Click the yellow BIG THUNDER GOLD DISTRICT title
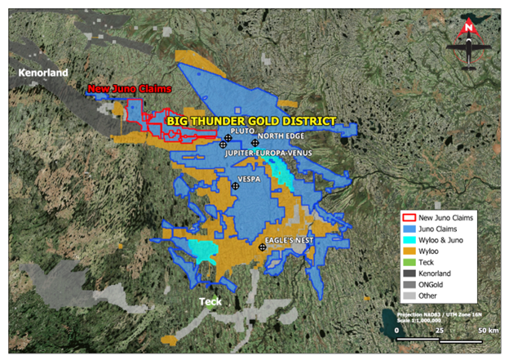[251, 120]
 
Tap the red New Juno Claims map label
[123, 90]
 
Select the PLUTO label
[243, 130]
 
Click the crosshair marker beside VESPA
[236, 186]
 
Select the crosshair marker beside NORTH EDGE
[255, 143]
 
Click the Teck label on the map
[211, 301]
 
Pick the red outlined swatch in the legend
[408, 218]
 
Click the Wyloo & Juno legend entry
[440, 240]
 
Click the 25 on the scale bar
[440, 329]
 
